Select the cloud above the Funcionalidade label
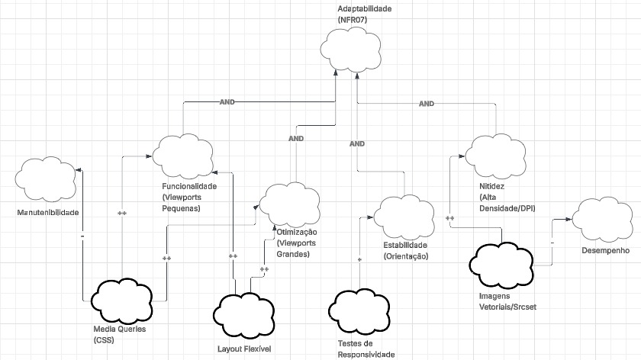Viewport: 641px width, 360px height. [182, 156]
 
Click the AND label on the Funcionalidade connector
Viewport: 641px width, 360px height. [227, 101]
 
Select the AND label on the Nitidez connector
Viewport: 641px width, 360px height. [427, 103]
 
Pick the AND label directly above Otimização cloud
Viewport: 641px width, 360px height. [296, 139]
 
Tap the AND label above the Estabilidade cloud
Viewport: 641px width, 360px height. [356, 143]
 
